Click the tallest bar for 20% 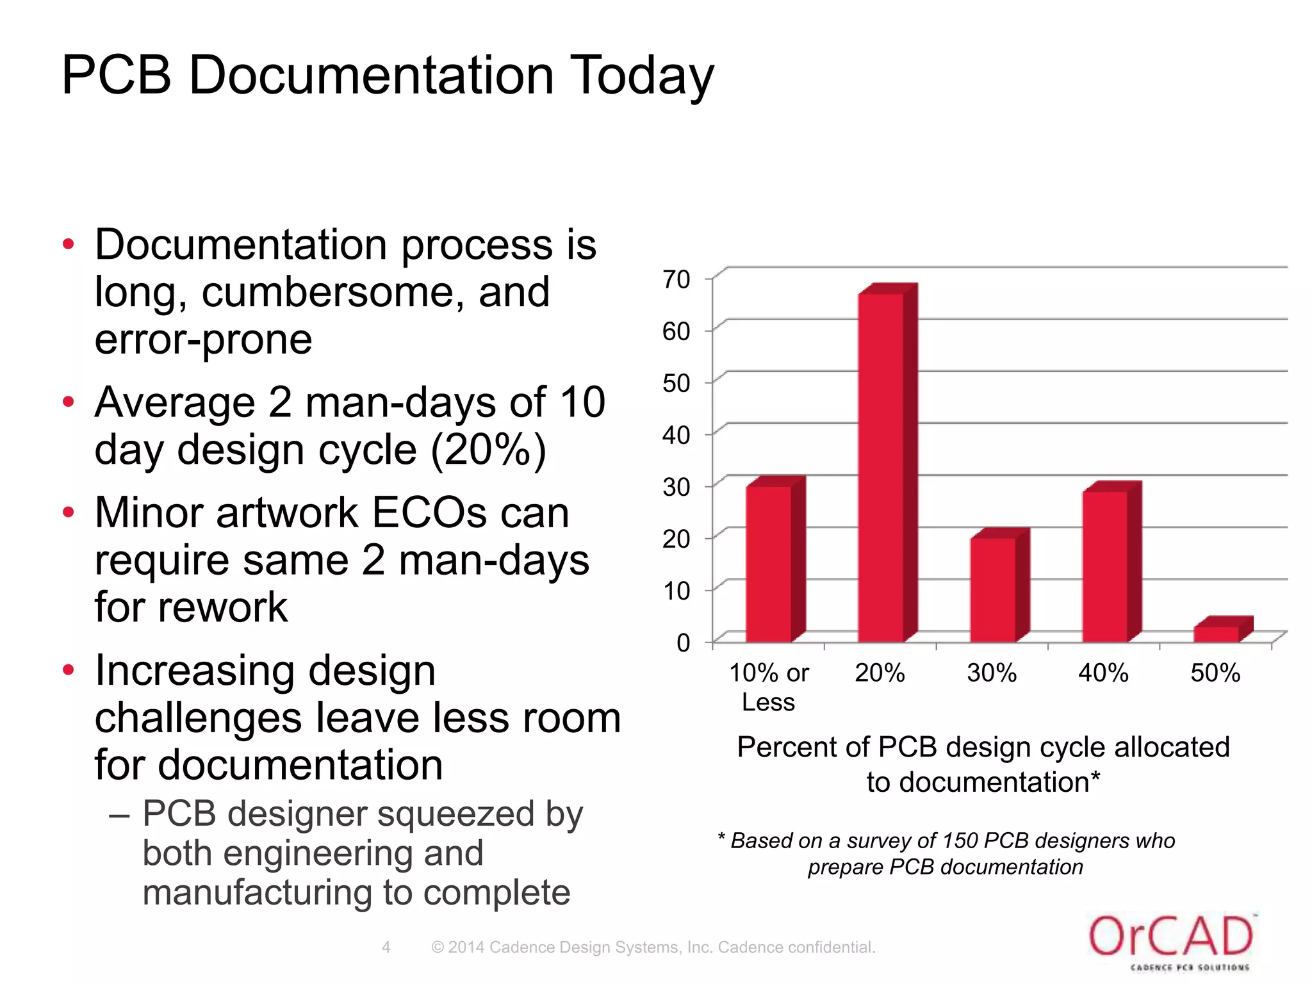(x=881, y=468)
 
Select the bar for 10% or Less (x=769, y=564)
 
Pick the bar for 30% (x=993, y=589)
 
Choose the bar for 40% (x=1105, y=566)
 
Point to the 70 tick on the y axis (x=676, y=280)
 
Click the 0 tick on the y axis (x=683, y=643)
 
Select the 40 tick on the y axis (x=676, y=436)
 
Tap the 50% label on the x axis (x=1215, y=673)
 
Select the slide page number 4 (x=386, y=947)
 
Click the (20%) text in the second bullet (x=488, y=450)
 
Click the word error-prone (x=204, y=340)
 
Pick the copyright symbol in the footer (x=438, y=947)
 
